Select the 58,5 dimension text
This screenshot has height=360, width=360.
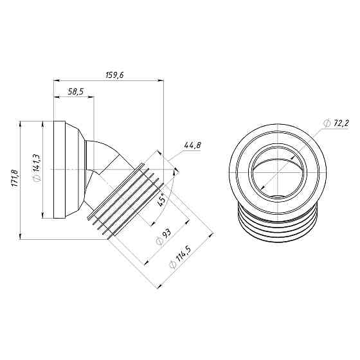click(x=75, y=93)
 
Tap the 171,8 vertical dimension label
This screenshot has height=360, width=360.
click(x=15, y=179)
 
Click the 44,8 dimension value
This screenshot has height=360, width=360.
click(x=192, y=146)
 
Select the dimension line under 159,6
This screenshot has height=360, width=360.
click(x=106, y=80)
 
